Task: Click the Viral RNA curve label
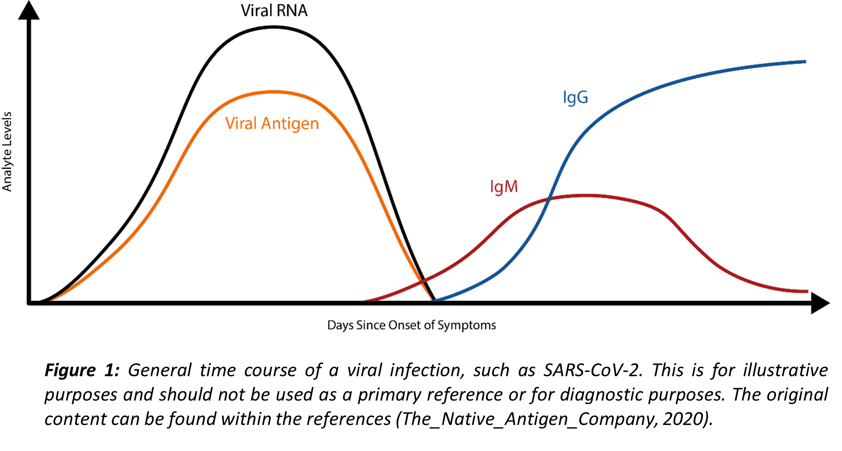click(274, 10)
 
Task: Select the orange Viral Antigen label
click(272, 124)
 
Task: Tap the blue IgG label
click(576, 98)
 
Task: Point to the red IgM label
click(504, 187)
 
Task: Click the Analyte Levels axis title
click(7, 152)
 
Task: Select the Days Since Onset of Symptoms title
click(412, 326)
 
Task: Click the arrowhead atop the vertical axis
click(29, 10)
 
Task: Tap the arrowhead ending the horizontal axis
click(820, 302)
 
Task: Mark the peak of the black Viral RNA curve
click(274, 27)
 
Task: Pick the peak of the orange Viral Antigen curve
click(274, 92)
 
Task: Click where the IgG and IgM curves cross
click(549, 199)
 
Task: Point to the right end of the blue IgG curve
click(805, 62)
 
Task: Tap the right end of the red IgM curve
click(807, 291)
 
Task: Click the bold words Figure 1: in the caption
click(82, 370)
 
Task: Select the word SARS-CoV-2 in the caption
click(593, 370)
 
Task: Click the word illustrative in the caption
click(785, 370)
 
